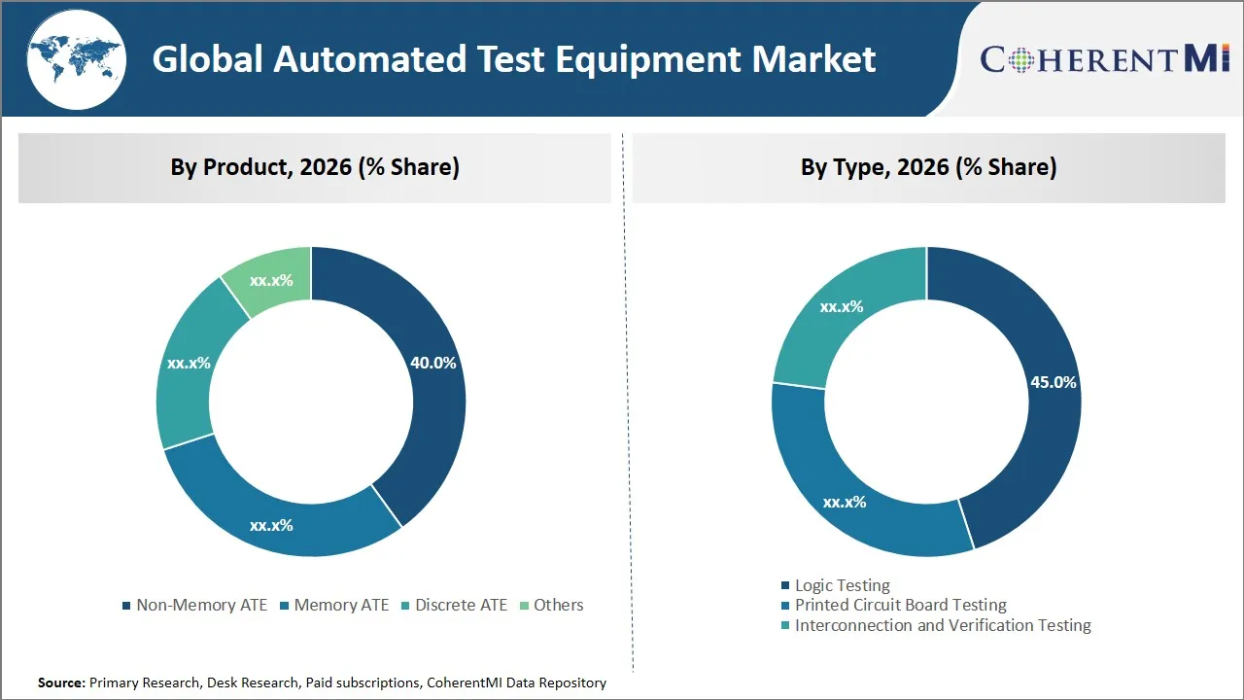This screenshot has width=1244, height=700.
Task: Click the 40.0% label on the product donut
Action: [432, 363]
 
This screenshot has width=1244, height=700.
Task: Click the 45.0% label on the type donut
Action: [1053, 382]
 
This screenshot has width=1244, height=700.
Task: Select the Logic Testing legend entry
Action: [842, 585]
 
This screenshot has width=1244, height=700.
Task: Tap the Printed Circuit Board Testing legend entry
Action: [900, 605]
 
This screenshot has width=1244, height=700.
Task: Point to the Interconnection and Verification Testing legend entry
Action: [942, 625]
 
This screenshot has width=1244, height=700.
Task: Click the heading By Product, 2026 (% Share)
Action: [315, 167]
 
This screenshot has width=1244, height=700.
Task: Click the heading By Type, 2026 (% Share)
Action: [928, 167]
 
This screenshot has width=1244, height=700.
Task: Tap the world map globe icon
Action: [75, 58]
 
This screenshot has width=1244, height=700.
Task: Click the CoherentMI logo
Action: [1105, 59]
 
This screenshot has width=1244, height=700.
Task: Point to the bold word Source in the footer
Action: [60, 682]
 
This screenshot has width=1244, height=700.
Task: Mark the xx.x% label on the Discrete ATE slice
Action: [189, 363]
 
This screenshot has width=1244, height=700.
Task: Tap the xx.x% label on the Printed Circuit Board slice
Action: [844, 502]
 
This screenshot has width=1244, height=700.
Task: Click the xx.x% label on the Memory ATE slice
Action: [271, 525]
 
